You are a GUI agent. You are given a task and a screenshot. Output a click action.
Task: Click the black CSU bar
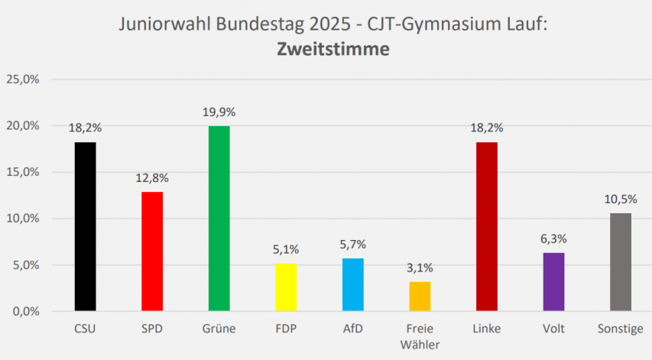point(86,226)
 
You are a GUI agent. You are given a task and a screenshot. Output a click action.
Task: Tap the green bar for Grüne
point(219,219)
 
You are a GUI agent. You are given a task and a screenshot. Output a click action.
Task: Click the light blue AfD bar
point(352,284)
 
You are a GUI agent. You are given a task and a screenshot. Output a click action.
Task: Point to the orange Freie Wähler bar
point(420,297)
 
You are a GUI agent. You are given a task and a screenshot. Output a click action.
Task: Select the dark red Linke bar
point(487,226)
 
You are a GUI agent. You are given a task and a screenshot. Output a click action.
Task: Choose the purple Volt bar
point(553,281)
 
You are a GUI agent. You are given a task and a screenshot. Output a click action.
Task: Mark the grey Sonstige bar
point(621,262)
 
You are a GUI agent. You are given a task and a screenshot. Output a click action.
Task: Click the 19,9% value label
point(219,112)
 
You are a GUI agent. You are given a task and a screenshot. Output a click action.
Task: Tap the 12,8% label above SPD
point(152,178)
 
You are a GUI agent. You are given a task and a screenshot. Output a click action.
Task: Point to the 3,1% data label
point(420,268)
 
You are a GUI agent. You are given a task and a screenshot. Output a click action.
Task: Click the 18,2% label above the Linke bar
point(487,128)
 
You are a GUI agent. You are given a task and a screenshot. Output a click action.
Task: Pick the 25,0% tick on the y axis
point(23,79)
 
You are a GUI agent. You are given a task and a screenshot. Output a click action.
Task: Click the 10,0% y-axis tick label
point(23,219)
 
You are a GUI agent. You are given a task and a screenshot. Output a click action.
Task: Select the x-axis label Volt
point(553,329)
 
